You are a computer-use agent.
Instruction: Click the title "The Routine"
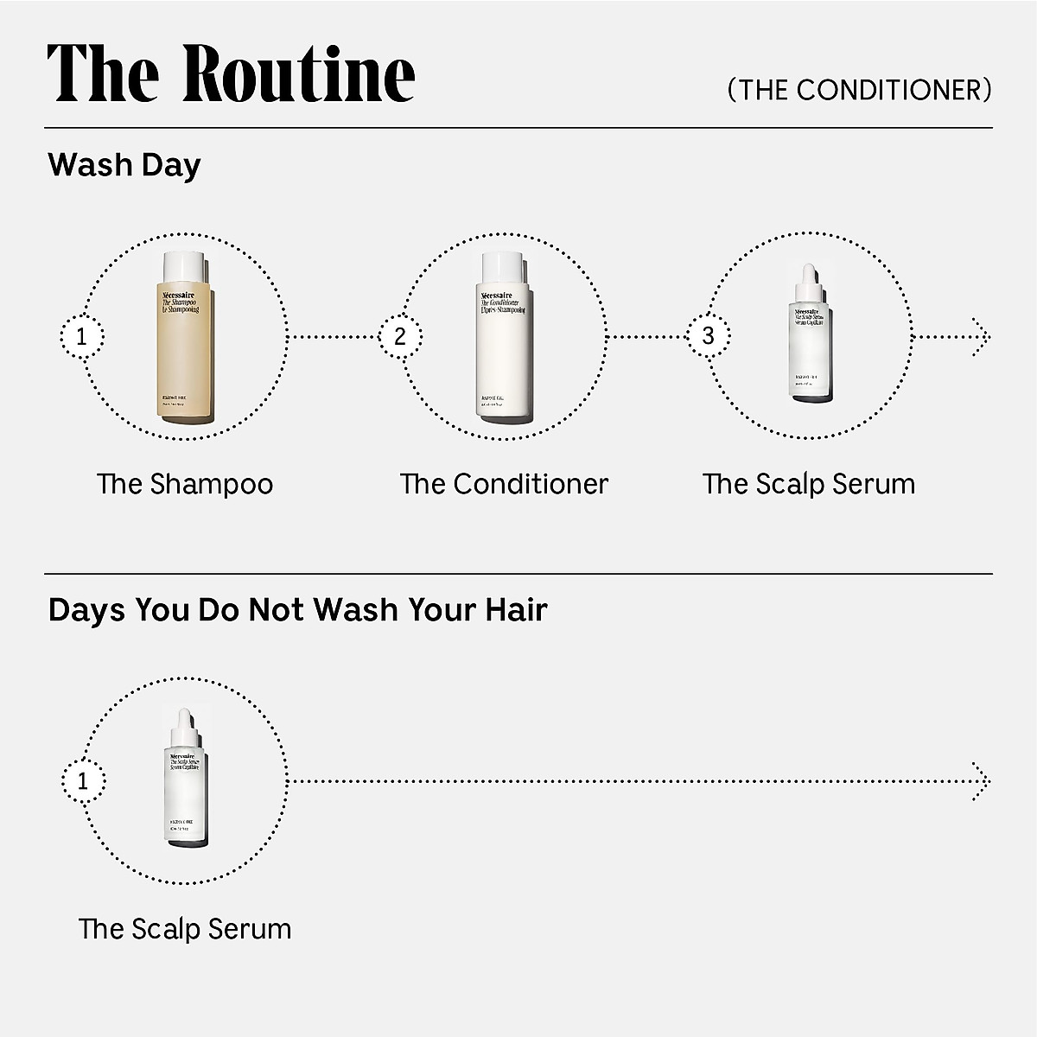coord(231,73)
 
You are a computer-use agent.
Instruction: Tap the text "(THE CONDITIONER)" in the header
coord(859,90)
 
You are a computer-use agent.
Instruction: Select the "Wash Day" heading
coord(124,164)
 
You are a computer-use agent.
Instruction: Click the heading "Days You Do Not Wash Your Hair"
coord(298,610)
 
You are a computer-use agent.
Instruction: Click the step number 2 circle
coord(400,335)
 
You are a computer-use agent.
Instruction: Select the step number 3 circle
coord(709,335)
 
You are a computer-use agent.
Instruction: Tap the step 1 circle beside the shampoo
coord(82,336)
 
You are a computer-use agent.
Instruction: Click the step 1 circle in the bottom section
coord(83,782)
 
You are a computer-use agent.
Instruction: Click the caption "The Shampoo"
coord(185,484)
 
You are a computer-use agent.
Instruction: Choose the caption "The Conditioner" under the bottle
coord(504,484)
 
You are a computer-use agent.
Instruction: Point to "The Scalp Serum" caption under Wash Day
coord(809,484)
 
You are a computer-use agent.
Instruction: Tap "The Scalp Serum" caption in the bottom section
coord(185,930)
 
